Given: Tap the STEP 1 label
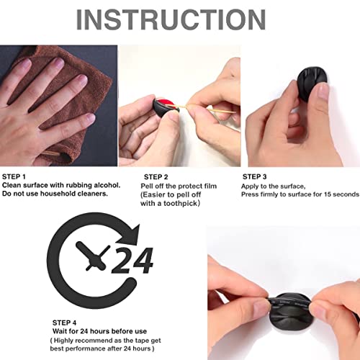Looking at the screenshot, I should (15, 176).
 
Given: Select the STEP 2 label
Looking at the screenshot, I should (156, 176).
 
